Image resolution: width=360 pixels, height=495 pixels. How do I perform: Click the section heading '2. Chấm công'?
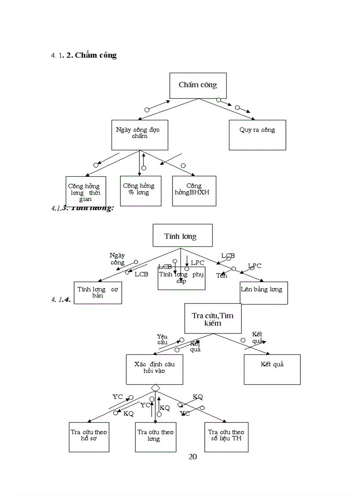[x=91, y=56]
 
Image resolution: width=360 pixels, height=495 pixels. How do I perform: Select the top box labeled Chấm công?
[x=198, y=85]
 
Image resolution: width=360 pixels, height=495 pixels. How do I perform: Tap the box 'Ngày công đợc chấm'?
[x=139, y=134]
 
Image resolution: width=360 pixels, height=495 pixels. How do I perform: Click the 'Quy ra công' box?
[x=257, y=134]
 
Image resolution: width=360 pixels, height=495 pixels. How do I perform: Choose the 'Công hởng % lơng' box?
[x=141, y=190]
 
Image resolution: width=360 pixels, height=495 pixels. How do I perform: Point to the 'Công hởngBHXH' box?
[x=194, y=190]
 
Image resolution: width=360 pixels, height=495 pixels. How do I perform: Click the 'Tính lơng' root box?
[x=182, y=235]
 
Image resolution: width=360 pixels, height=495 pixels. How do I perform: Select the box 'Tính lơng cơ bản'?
[x=97, y=292]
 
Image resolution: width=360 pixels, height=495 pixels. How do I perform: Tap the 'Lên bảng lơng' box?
[x=264, y=292]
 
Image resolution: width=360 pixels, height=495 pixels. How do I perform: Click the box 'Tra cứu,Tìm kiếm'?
[x=213, y=318]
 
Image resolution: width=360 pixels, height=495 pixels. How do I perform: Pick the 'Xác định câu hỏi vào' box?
[x=154, y=369]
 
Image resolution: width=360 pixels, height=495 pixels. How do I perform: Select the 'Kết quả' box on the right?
[x=272, y=369]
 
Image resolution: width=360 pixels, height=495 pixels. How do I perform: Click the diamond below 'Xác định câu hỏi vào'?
[x=155, y=387]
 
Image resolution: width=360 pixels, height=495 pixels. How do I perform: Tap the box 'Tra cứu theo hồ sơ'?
[x=89, y=436]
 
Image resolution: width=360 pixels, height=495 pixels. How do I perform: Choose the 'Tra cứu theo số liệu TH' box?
[x=226, y=436]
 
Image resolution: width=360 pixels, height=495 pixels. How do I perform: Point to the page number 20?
[x=193, y=457]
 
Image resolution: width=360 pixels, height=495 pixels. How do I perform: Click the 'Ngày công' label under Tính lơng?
[x=117, y=259]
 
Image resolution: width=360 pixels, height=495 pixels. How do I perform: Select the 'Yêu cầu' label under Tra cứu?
[x=162, y=339]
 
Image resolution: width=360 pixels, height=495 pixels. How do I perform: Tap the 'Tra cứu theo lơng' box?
[x=155, y=436]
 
